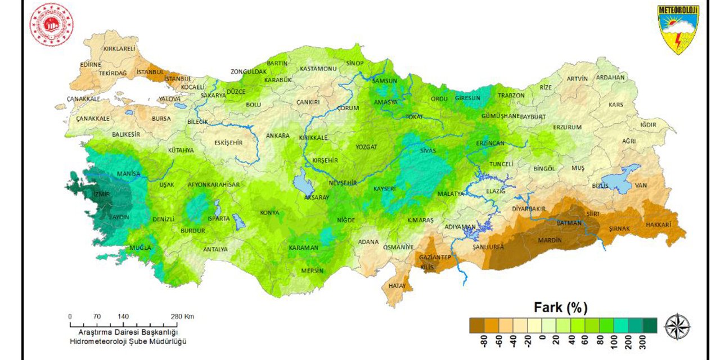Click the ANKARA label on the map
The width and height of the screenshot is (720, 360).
tap(277, 136)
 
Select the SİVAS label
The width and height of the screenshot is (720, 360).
tap(428, 151)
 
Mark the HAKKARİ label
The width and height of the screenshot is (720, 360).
tap(659, 224)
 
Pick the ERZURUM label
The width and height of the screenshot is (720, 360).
tap(567, 127)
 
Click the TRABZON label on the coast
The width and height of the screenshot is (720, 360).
tap(511, 96)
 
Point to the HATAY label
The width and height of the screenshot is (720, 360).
tap(397, 286)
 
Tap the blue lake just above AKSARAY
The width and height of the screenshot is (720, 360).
tap(303, 183)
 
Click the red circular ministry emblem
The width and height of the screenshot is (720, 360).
tap(52, 25)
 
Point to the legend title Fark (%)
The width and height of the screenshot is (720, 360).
tap(560, 308)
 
